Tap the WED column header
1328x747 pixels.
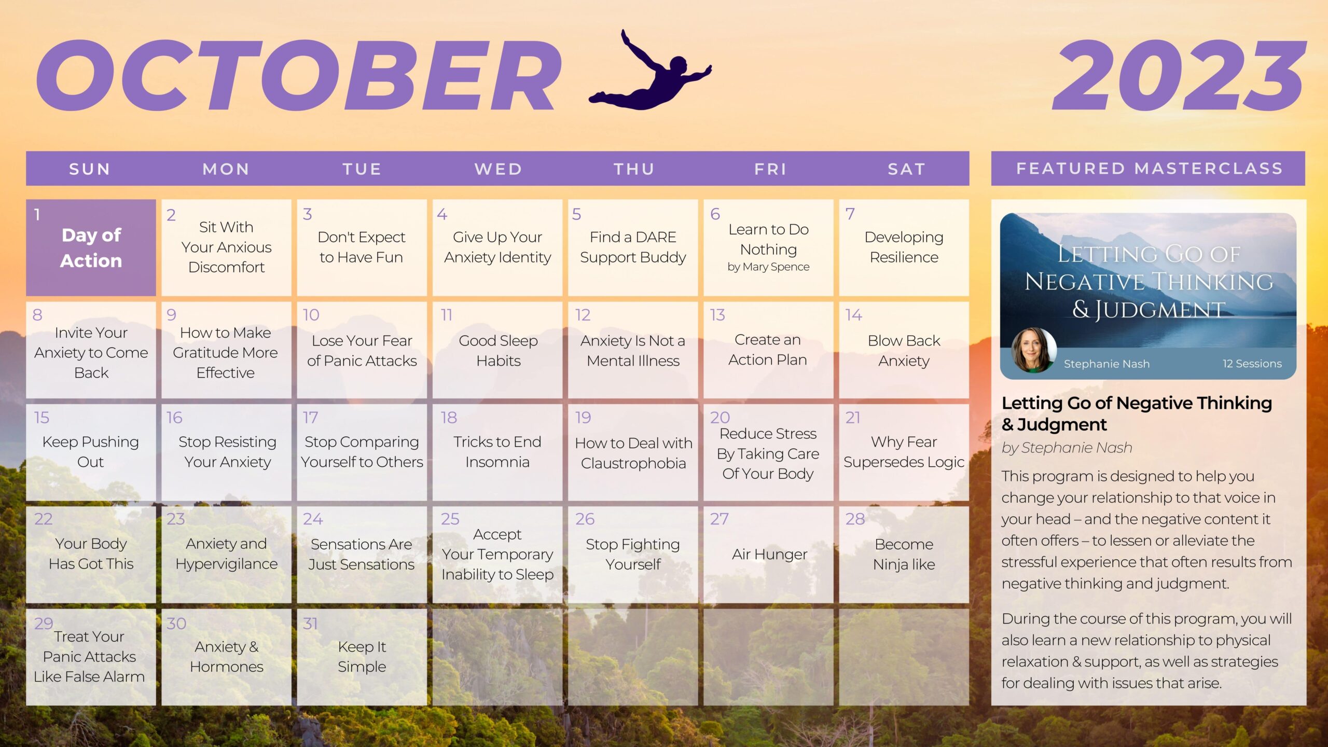point(498,169)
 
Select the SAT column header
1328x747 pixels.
point(906,169)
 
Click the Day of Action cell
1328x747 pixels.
point(91,247)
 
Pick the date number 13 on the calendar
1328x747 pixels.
point(717,315)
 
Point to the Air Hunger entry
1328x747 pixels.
point(769,554)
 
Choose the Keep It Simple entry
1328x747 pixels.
point(362,657)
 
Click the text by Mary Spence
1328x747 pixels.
point(768,267)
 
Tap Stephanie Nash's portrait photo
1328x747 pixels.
point(1034,351)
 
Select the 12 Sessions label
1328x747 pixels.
point(1252,364)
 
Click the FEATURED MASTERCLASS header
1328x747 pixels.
point(1149,169)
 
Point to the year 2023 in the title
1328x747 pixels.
point(1179,76)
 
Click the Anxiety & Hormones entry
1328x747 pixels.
point(226,657)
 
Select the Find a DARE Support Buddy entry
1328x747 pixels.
point(633,247)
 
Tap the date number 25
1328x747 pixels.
point(450,519)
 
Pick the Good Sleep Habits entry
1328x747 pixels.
point(498,351)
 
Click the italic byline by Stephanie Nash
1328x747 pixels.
point(1067,448)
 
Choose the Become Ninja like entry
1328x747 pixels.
point(904,554)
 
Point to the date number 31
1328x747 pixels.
point(310,624)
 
